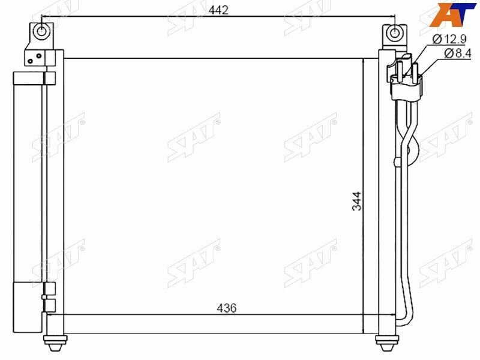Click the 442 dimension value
click(x=218, y=10)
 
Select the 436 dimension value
click(x=227, y=308)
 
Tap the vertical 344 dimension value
click(x=356, y=201)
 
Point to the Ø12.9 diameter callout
click(x=449, y=39)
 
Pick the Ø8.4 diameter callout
click(x=457, y=53)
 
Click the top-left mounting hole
click(x=41, y=31)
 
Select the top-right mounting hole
click(x=395, y=32)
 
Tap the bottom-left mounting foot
click(x=55, y=343)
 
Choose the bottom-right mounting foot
click(x=387, y=343)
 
